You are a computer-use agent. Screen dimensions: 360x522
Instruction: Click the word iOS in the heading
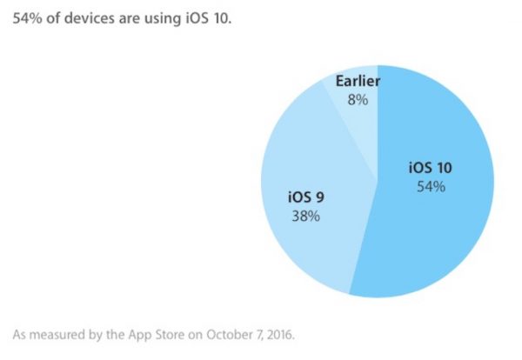pyautogui.click(x=199, y=17)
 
